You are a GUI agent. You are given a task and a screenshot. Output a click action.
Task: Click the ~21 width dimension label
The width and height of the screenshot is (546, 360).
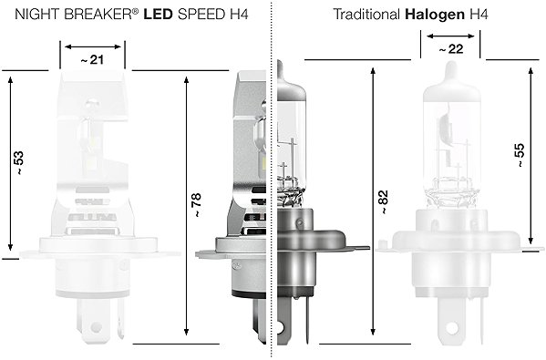click(92, 60)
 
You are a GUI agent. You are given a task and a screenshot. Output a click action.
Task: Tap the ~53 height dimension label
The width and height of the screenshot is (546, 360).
click(19, 162)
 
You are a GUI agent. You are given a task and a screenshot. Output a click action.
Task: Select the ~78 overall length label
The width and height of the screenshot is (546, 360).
click(196, 205)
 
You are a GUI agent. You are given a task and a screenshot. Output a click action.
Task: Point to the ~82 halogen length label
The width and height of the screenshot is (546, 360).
click(383, 202)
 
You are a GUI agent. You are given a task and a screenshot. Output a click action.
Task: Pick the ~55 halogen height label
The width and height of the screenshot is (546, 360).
click(519, 155)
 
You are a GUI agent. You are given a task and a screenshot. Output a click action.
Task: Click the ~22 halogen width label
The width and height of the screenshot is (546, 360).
click(451, 49)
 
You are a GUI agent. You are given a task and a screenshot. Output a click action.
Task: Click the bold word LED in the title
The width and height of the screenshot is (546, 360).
click(158, 15)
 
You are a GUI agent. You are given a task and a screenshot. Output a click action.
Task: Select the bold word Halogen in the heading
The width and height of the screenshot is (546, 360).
click(435, 15)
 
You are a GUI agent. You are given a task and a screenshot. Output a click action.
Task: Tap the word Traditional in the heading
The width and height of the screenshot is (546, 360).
click(366, 15)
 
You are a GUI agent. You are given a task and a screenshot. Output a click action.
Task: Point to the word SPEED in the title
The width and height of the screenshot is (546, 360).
click(201, 15)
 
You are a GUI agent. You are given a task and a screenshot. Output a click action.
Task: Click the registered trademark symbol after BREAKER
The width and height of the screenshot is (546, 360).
click(135, 11)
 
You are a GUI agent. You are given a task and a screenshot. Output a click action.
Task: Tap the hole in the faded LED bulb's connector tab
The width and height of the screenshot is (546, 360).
click(96, 327)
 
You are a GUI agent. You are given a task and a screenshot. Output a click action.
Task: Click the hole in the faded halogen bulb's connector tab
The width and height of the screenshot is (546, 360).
click(451, 327)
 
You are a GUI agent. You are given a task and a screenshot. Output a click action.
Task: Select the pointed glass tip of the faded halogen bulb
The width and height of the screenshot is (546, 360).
click(451, 64)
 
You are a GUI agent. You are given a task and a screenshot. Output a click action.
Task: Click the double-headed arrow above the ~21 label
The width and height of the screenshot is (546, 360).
click(93, 46)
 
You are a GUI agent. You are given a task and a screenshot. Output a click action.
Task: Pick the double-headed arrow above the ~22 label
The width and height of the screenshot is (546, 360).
click(450, 36)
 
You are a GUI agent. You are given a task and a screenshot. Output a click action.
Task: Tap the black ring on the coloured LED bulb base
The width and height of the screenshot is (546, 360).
click(249, 293)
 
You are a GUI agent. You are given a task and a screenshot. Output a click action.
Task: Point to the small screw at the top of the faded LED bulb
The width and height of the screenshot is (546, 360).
click(91, 102)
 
